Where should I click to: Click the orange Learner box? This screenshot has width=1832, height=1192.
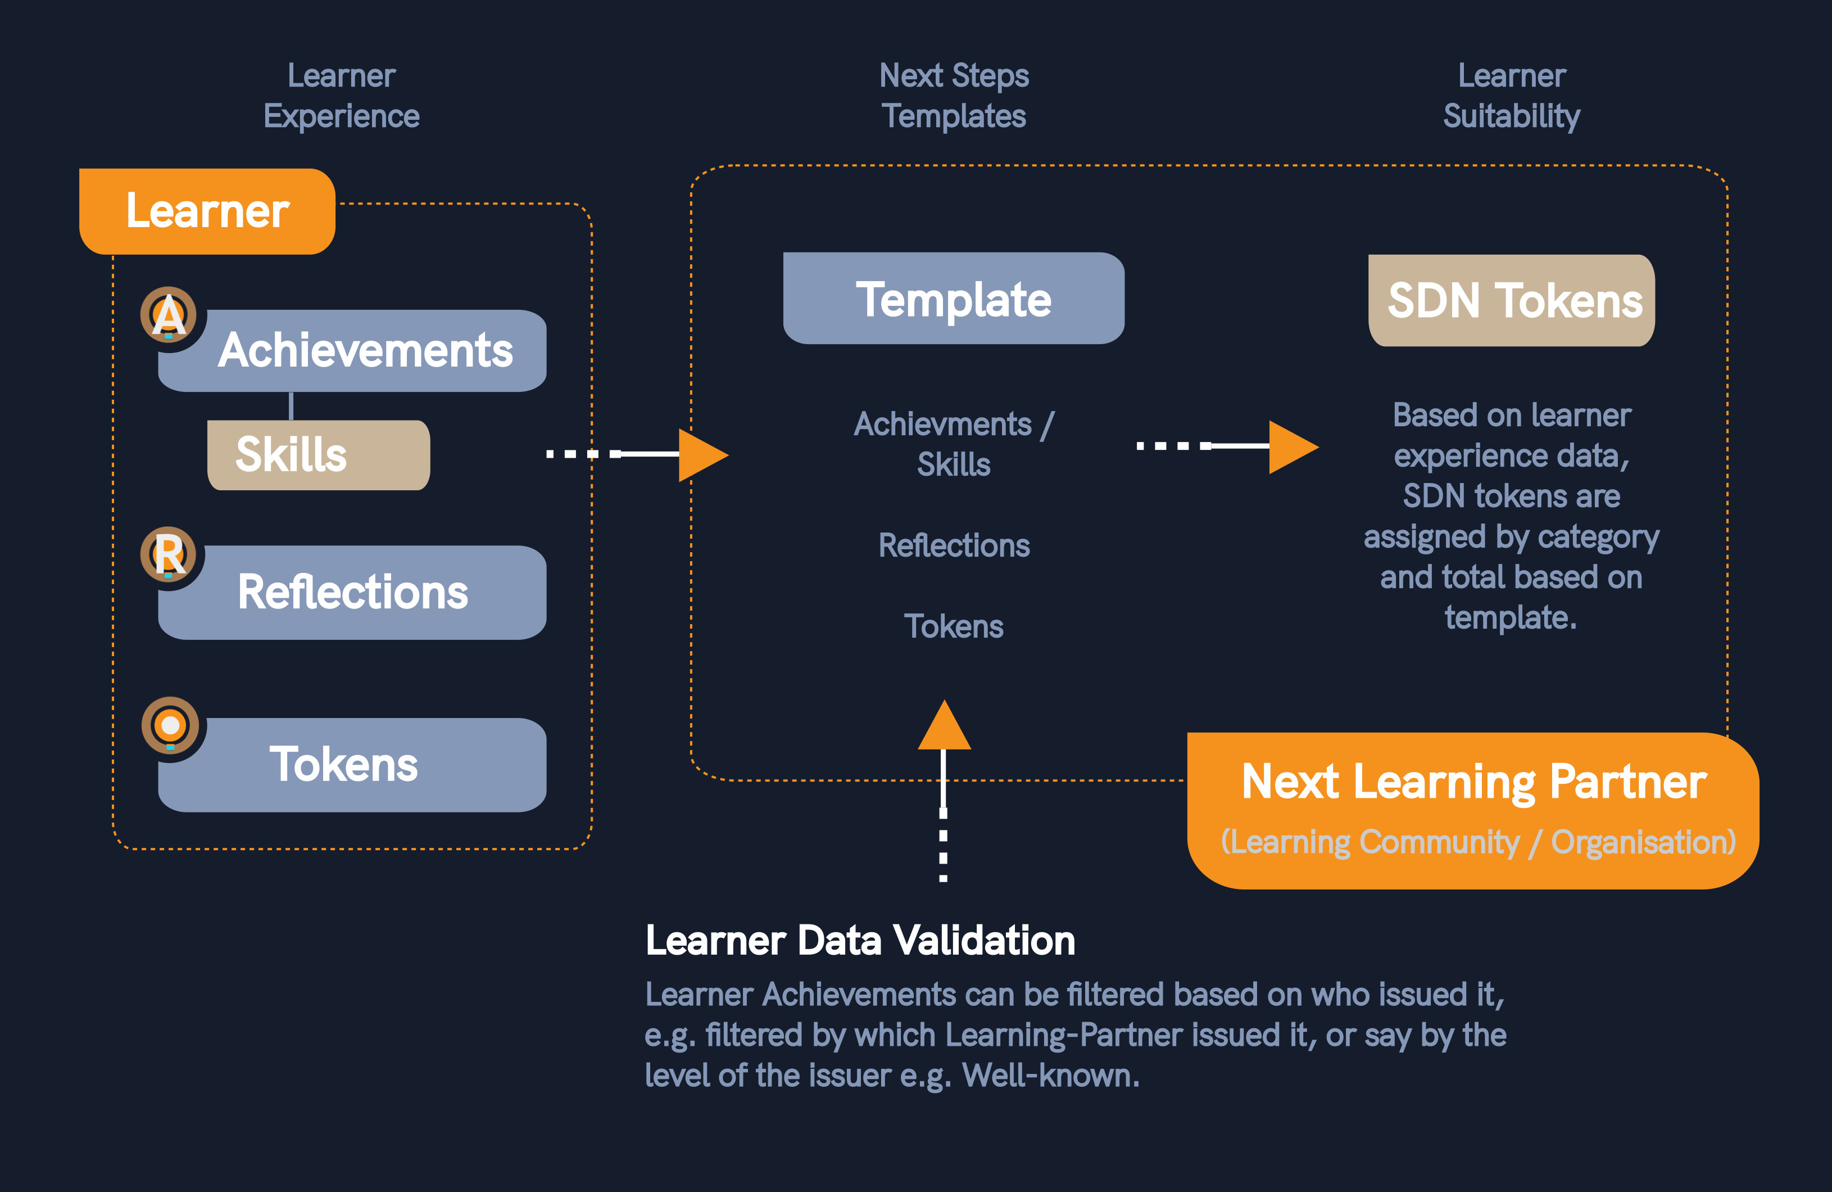[207, 211]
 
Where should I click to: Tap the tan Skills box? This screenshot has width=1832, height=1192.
[318, 454]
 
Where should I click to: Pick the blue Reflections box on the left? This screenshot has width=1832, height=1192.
[352, 592]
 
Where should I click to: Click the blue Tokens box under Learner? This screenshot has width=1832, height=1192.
[352, 765]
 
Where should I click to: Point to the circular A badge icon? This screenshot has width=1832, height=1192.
[169, 315]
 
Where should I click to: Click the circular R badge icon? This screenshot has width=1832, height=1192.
[169, 554]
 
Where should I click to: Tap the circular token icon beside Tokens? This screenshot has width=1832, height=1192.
[170, 725]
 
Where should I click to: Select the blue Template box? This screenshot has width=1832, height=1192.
[953, 299]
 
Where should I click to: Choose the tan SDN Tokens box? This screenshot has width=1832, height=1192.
[1511, 300]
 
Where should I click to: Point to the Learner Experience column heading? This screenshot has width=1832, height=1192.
[341, 96]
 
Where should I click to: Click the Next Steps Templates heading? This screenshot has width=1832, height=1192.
[954, 96]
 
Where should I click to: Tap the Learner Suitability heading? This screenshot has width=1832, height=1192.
[1511, 96]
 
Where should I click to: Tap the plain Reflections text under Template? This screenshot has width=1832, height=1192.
[954, 546]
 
